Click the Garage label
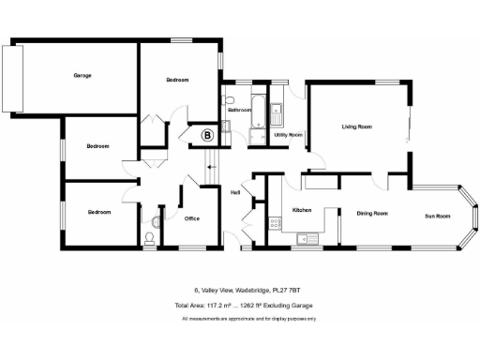click(x=82, y=75)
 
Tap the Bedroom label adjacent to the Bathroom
click(x=177, y=81)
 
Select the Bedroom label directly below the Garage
click(x=98, y=146)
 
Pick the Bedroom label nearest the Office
click(x=99, y=213)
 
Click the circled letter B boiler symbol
click(x=207, y=136)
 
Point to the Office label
click(x=192, y=218)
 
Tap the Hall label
click(x=236, y=192)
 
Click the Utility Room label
click(x=287, y=136)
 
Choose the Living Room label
click(x=357, y=126)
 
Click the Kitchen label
click(x=302, y=210)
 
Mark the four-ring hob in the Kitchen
click(x=275, y=223)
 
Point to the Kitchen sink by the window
click(x=303, y=241)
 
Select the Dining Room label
click(x=372, y=214)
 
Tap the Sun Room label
click(x=437, y=217)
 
